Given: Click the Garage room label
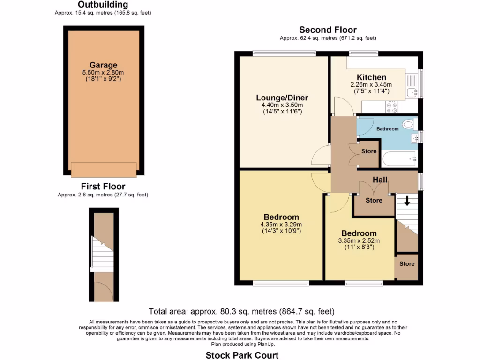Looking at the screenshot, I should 104,65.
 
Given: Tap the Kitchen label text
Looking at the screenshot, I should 371,77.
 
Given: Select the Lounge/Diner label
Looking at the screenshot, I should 282,97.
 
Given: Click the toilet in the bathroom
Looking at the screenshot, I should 408,124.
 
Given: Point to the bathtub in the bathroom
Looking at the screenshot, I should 399,159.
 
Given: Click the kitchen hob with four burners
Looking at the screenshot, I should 391,107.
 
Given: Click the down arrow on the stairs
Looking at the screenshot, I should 407,201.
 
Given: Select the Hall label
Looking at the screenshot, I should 380,180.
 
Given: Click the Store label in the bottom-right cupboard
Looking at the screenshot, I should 407,264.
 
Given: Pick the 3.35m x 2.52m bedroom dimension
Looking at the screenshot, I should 359,241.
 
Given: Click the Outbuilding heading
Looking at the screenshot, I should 103,5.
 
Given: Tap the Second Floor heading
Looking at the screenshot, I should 328,30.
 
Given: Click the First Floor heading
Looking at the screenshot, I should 103,187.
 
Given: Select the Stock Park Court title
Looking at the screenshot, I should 242,355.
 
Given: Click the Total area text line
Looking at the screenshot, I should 241,311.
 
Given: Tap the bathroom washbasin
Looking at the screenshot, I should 413,137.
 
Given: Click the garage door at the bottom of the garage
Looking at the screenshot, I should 104,170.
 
